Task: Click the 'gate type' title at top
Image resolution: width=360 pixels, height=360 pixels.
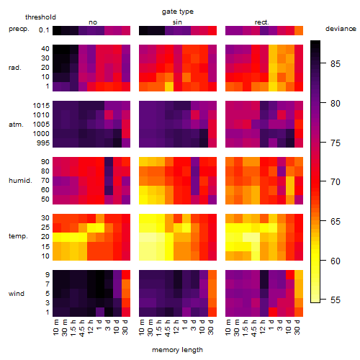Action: pos(178,12)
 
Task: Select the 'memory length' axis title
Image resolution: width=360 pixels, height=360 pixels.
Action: pos(177,350)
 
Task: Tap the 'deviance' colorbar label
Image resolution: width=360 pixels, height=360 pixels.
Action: pos(341,29)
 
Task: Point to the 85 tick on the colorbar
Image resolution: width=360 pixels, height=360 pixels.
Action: pos(336,63)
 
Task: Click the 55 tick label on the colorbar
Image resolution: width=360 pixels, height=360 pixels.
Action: pos(336,300)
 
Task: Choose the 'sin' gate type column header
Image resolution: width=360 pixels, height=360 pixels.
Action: pos(177,22)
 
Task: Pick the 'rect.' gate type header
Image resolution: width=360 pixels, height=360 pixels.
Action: pos(261,22)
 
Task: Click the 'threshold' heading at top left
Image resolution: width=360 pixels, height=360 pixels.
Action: pos(40,17)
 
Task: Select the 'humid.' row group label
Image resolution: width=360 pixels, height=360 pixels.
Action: pos(20,181)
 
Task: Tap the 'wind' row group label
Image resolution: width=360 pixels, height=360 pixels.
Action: pos(17,294)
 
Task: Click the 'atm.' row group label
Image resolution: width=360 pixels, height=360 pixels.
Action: pos(16,125)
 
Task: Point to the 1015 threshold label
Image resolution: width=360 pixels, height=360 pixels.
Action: pos(41,106)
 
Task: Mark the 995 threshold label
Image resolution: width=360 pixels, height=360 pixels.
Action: pos(43,143)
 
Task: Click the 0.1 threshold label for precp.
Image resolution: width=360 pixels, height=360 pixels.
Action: pos(44,30)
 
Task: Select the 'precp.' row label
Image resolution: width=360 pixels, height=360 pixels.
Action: pos(19,29)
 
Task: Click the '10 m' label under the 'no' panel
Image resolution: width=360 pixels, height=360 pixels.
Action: pos(55,328)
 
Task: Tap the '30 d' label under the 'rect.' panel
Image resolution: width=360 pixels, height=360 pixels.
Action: pos(297,327)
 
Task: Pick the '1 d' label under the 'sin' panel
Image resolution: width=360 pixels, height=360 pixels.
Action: pos(185,325)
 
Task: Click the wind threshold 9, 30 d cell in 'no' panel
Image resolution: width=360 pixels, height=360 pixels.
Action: pos(126,275)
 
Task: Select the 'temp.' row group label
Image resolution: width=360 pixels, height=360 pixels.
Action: pos(18,236)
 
